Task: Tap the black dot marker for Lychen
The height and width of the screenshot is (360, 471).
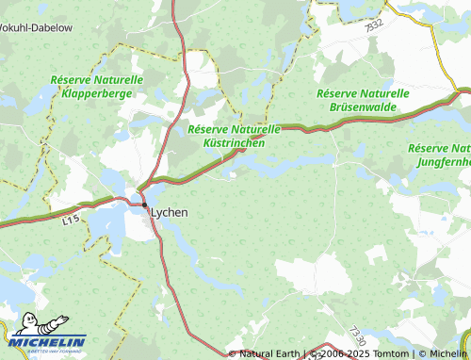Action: pos(144,205)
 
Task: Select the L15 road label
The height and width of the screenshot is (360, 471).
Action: pos(71,221)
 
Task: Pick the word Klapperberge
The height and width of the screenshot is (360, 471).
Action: pos(101,94)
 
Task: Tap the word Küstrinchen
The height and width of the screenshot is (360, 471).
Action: pos(234,142)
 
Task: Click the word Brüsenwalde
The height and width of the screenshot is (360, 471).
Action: pos(362,108)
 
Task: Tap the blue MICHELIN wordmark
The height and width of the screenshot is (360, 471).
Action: pos(49,342)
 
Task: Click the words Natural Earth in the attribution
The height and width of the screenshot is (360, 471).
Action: pos(269,353)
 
